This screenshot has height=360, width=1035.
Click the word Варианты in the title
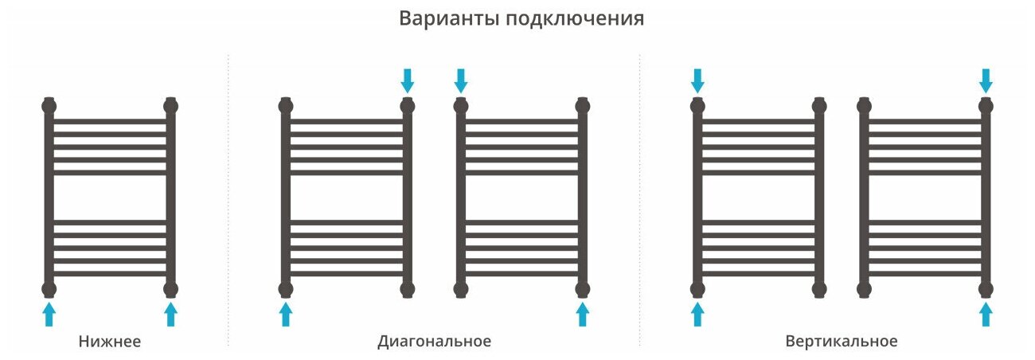[x=447, y=19]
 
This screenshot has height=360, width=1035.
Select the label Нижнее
[x=110, y=342]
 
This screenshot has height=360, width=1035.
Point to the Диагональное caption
[x=434, y=342]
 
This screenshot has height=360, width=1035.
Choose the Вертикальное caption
[x=841, y=342]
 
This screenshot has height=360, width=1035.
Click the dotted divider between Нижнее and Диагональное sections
[x=228, y=199]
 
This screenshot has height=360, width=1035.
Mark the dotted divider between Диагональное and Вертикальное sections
[x=639, y=199]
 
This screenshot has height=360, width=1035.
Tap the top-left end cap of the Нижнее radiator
[x=49, y=104]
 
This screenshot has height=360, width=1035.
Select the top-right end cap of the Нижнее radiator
[x=170, y=104]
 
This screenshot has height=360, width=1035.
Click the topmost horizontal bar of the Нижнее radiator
[x=110, y=121]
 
